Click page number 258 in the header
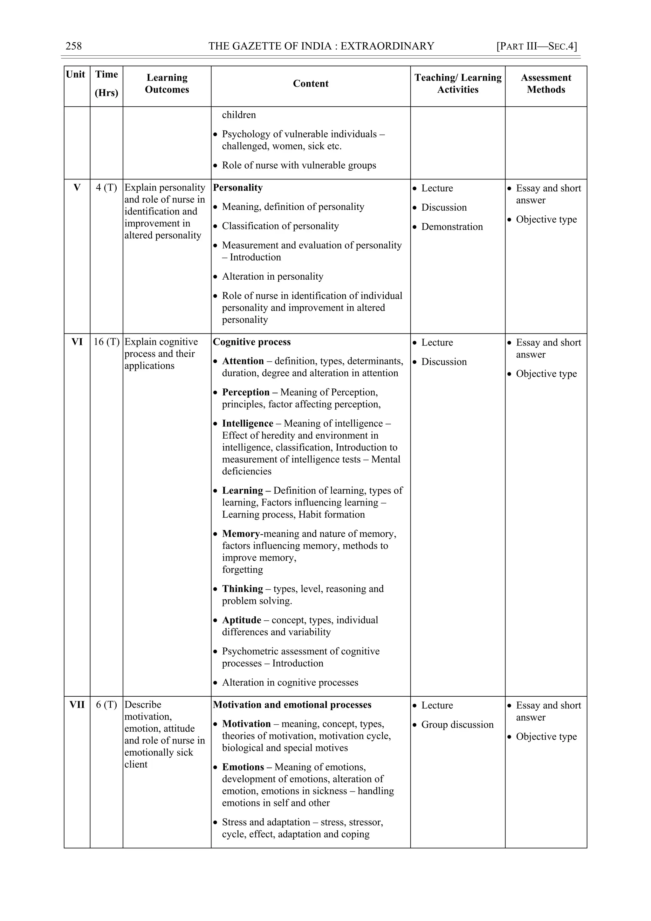(73, 46)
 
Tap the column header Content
(310, 83)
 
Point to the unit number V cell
(77, 187)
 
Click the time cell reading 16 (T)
(106, 342)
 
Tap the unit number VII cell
(77, 704)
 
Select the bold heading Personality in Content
(238, 187)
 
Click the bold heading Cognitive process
(252, 342)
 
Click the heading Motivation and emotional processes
(292, 704)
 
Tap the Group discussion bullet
(457, 724)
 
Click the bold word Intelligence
(247, 423)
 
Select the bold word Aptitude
(241, 620)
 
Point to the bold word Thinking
(242, 589)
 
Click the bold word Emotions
(243, 767)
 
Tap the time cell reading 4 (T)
(106, 187)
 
